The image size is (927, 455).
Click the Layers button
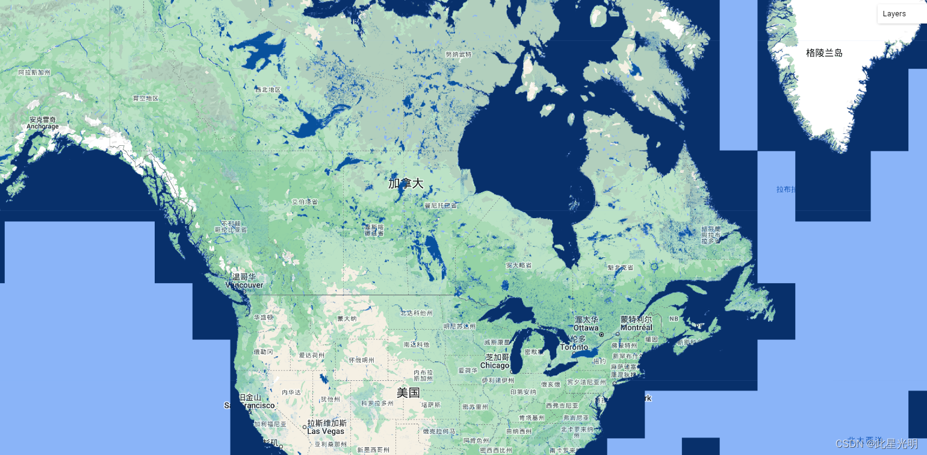pyautogui.click(x=894, y=14)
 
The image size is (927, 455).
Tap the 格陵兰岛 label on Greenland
pyautogui.click(x=824, y=53)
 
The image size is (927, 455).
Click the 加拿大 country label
pyautogui.click(x=406, y=183)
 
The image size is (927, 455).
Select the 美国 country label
pyautogui.click(x=408, y=393)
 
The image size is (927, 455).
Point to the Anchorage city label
pyautogui.click(x=43, y=127)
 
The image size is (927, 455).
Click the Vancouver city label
pyautogui.click(x=244, y=284)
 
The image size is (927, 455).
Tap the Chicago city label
pyautogui.click(x=495, y=365)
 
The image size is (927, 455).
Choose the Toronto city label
pyautogui.click(x=574, y=347)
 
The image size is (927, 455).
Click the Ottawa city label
pyautogui.click(x=586, y=327)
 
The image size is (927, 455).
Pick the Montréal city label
pyautogui.click(x=636, y=327)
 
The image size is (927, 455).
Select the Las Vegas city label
pyautogui.click(x=326, y=431)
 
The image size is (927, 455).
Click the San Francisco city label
pyautogui.click(x=249, y=406)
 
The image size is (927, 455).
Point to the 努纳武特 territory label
pyautogui.click(x=458, y=54)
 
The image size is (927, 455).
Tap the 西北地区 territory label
pyautogui.click(x=268, y=90)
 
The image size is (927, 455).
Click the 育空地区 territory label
pyautogui.click(x=145, y=98)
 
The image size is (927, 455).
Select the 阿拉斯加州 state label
pyautogui.click(x=34, y=72)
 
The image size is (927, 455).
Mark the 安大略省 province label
pyautogui.click(x=519, y=265)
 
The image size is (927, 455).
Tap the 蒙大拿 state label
pyautogui.click(x=347, y=318)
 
